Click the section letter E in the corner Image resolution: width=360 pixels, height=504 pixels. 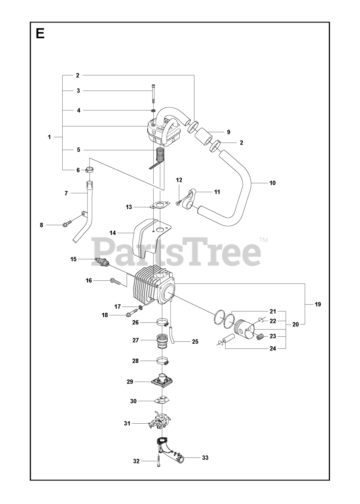(40, 33)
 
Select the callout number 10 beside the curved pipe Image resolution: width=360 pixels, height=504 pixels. (273, 183)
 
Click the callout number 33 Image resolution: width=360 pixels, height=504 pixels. (205, 458)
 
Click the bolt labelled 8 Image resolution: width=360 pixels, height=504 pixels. (66, 224)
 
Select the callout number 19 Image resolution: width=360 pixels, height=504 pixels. (318, 304)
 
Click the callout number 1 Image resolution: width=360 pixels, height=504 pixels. (49, 137)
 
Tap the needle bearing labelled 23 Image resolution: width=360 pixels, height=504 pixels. (260, 336)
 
